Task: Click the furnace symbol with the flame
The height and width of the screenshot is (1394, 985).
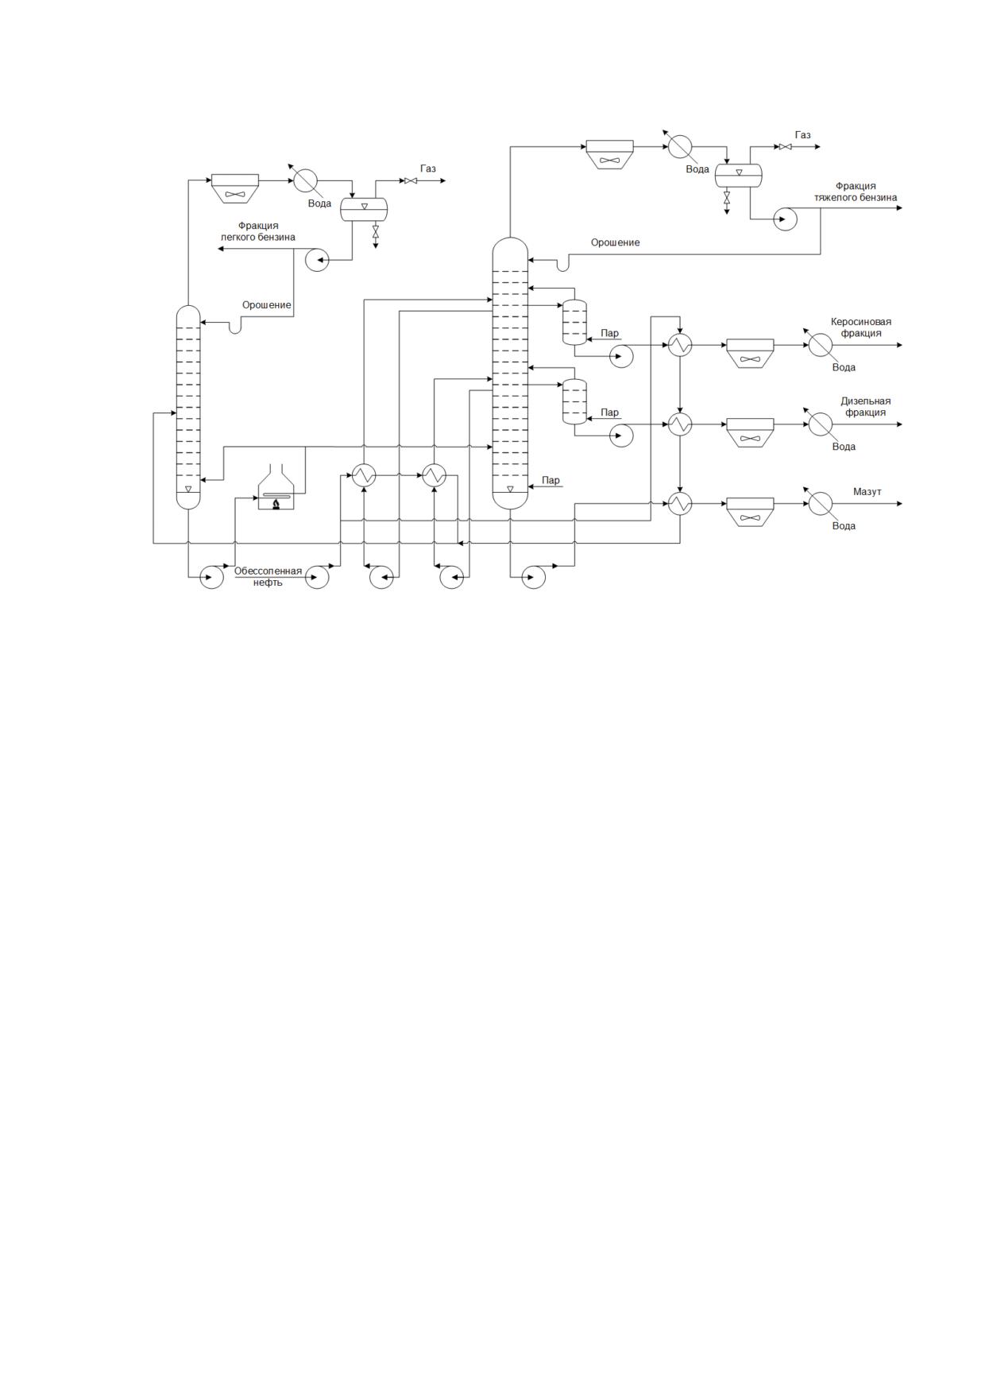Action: coord(276,488)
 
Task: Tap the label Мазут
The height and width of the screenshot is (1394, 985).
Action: coord(867,492)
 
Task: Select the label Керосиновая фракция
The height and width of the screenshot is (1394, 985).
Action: coord(861,327)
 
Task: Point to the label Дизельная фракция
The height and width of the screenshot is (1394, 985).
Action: coord(866,407)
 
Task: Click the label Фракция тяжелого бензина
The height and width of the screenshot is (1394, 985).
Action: coord(856,192)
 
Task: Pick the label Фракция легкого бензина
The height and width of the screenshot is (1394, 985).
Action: coord(258,231)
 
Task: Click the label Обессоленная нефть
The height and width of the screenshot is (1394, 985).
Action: coord(268,576)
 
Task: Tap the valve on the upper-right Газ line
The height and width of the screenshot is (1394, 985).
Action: coord(785,147)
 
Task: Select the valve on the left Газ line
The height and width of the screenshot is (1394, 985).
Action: coord(411,180)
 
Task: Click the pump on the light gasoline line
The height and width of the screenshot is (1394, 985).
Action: coord(317,259)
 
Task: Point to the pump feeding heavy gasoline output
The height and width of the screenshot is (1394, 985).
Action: coord(785,219)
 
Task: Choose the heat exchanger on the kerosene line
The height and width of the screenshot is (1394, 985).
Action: coord(680,345)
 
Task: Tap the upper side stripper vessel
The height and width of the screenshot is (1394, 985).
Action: coord(574,322)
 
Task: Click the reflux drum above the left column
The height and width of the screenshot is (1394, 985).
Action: coord(364,209)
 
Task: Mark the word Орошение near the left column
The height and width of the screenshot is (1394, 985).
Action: coord(267,305)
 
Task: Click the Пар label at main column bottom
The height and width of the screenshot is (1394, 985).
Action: coord(550,480)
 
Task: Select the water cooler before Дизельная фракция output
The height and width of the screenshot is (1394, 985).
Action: coord(821,424)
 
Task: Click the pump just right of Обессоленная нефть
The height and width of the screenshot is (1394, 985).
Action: coord(317,577)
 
